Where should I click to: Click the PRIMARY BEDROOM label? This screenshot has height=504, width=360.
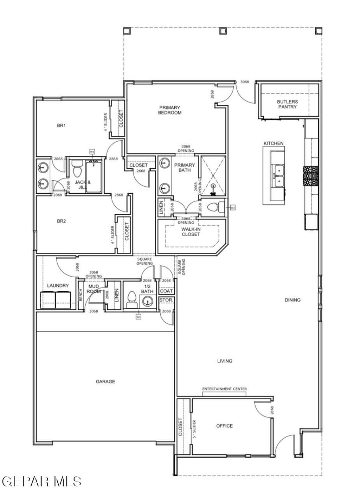tap(170, 110)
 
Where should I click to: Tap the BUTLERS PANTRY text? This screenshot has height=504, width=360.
tap(287, 104)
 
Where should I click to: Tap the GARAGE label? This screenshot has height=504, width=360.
tap(105, 381)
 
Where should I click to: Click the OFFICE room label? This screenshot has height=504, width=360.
tap(224, 426)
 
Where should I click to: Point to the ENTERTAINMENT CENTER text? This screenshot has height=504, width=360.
tap(224, 389)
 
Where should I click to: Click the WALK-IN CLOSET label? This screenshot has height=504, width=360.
tap(191, 232)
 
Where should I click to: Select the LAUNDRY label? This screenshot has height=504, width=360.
tap(58, 286)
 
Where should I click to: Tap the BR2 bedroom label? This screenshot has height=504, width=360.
tap(62, 221)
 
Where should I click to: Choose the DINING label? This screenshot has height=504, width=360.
tap(293, 300)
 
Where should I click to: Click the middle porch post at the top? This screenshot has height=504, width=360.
tap(223, 31)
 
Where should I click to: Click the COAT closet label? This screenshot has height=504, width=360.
tap(166, 291)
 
